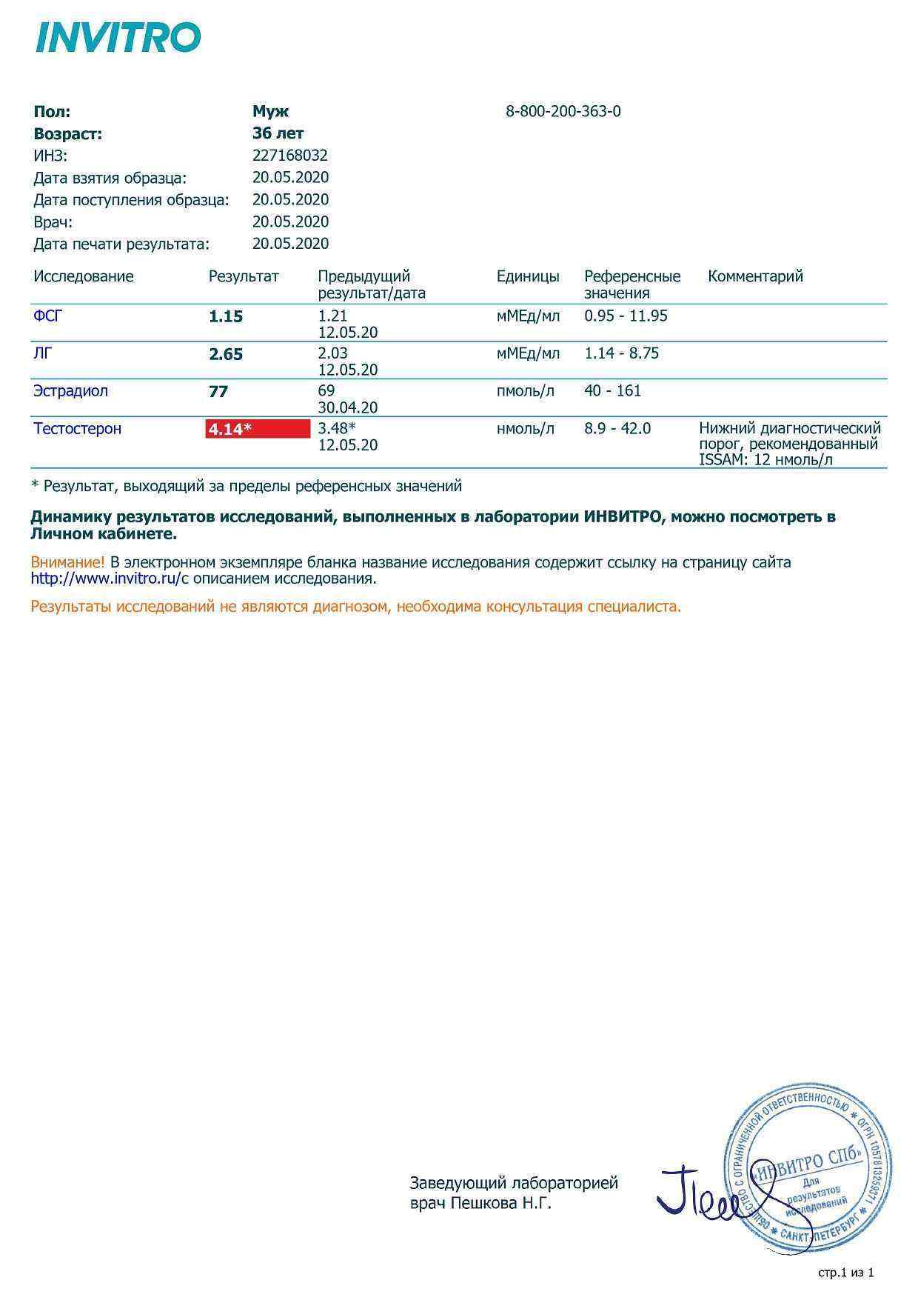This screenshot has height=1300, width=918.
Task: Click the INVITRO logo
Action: pyautogui.click(x=118, y=38)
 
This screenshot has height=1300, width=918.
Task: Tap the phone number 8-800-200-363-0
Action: pyautogui.click(x=563, y=112)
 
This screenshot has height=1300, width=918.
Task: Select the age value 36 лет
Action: pyautogui.click(x=278, y=134)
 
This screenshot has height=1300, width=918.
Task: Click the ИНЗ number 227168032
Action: pyautogui.click(x=289, y=156)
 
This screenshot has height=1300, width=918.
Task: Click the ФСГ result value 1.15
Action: pyautogui.click(x=226, y=317)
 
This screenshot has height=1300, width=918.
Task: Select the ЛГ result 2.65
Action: pyautogui.click(x=226, y=355)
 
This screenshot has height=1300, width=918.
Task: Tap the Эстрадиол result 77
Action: pyautogui.click(x=218, y=392)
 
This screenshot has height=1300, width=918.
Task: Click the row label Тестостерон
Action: pyautogui.click(x=77, y=429)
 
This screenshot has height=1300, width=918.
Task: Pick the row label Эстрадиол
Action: pyautogui.click(x=70, y=391)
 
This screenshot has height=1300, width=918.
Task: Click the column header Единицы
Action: pyautogui.click(x=528, y=277)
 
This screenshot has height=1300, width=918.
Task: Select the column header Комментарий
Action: pyautogui.click(x=755, y=277)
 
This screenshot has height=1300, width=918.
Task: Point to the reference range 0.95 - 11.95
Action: pyautogui.click(x=626, y=316)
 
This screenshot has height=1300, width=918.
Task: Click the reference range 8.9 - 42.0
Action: pyautogui.click(x=617, y=429)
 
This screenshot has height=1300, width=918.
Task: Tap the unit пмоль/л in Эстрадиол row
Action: pyautogui.click(x=525, y=391)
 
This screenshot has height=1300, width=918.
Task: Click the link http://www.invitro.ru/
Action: pyautogui.click(x=106, y=579)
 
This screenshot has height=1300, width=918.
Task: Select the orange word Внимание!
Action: pyautogui.click(x=67, y=563)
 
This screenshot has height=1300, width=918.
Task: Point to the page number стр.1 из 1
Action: pyautogui.click(x=846, y=1273)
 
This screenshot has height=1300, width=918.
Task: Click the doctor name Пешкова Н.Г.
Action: pyautogui.click(x=501, y=1204)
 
